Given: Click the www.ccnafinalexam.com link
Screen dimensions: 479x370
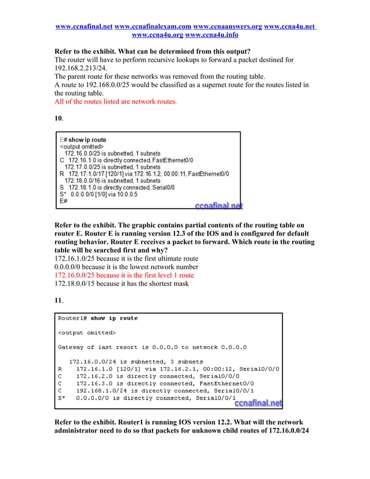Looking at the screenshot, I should coord(153,27).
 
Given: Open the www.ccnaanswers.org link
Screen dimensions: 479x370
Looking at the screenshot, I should coord(227,27).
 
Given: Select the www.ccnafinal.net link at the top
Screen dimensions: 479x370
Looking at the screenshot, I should coord(84,27).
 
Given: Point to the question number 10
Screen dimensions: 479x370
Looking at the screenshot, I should coord(58,118).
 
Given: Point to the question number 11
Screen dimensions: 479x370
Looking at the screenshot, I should coord(58,300).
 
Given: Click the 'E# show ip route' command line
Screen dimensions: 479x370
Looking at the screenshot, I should coord(83,140).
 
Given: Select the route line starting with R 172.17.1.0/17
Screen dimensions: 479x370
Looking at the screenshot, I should coord(144,173).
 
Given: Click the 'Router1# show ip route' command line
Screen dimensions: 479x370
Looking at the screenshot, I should coord(98,318).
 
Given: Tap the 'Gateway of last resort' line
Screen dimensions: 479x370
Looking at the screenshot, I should coord(152,347).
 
